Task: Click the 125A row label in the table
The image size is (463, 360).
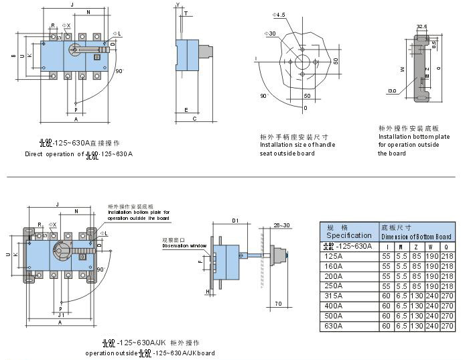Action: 333,256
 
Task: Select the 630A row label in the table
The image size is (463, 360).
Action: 333,326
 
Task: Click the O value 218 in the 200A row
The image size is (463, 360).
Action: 447,276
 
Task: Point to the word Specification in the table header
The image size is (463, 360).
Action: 348,235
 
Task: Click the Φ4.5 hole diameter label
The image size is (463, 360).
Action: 279,14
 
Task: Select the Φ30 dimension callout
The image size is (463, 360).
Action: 271,33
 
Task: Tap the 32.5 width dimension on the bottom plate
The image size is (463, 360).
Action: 421,27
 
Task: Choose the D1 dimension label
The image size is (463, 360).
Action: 235,221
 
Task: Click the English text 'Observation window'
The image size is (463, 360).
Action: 184,246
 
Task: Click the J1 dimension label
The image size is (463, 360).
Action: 62,314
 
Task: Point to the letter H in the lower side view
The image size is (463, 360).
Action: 208,292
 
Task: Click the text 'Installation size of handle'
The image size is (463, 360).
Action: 297,145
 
